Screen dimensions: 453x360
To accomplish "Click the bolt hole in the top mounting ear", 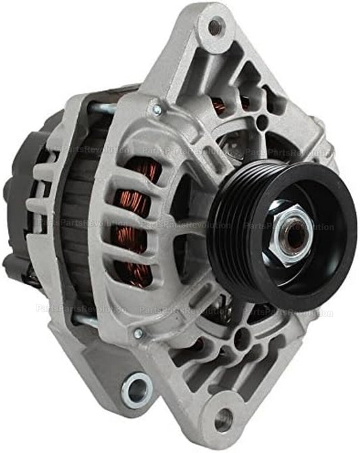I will tap(215, 27).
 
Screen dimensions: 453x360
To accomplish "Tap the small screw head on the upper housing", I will tap(156, 108).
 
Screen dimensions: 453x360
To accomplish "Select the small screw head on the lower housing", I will tap(138, 334).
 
